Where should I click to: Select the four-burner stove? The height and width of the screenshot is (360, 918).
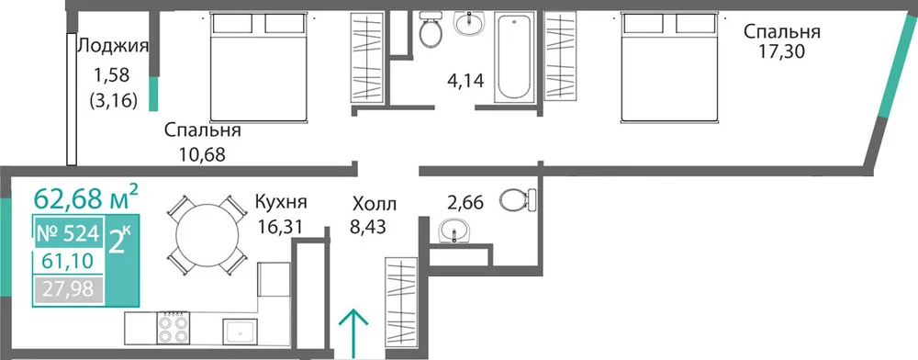point(174,328)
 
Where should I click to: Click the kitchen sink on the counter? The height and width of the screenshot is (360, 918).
point(240,332)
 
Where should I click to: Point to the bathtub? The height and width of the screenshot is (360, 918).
point(513,57)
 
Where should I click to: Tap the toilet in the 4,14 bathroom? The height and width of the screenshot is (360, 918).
point(431,29)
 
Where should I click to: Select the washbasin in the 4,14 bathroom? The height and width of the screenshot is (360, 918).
point(469,23)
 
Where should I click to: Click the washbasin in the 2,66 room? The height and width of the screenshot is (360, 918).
point(454,230)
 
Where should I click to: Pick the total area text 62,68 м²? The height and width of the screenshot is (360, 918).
point(86,197)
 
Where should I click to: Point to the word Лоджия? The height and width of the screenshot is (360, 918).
point(113,46)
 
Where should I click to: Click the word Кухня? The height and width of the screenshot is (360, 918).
point(281,203)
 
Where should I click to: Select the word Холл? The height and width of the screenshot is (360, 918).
point(375,204)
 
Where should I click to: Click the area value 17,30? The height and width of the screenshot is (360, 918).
point(782,52)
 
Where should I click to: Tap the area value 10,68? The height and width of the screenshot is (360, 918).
point(202,155)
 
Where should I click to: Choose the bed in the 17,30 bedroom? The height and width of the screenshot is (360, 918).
point(668,68)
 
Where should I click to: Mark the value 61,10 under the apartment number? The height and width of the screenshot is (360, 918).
point(67,261)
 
